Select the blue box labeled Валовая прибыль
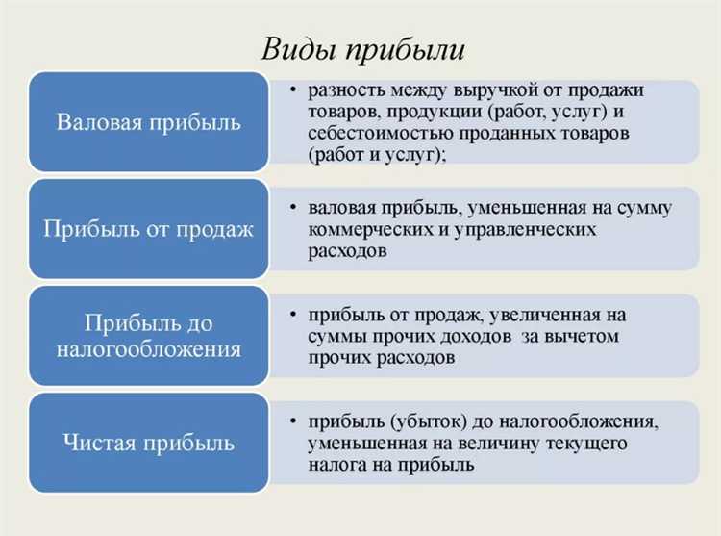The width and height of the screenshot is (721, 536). (149, 122)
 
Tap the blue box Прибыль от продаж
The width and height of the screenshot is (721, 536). (149, 229)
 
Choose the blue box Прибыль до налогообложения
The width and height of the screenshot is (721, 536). (149, 336)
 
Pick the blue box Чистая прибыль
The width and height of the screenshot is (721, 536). (149, 443)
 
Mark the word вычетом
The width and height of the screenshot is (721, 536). (584, 337)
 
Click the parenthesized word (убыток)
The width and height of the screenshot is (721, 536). (427, 421)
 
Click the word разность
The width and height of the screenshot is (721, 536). (344, 90)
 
